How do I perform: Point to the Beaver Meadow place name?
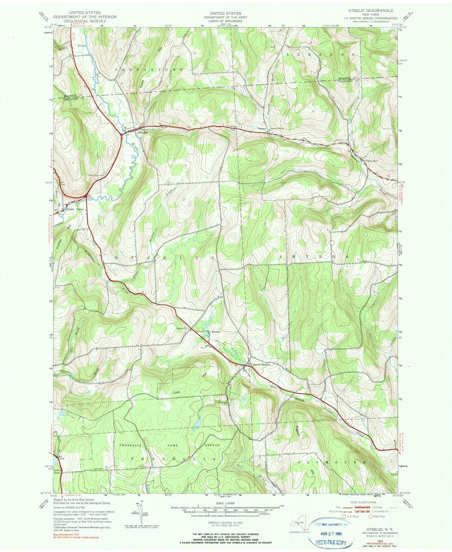262,365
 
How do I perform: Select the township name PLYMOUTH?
331,462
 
